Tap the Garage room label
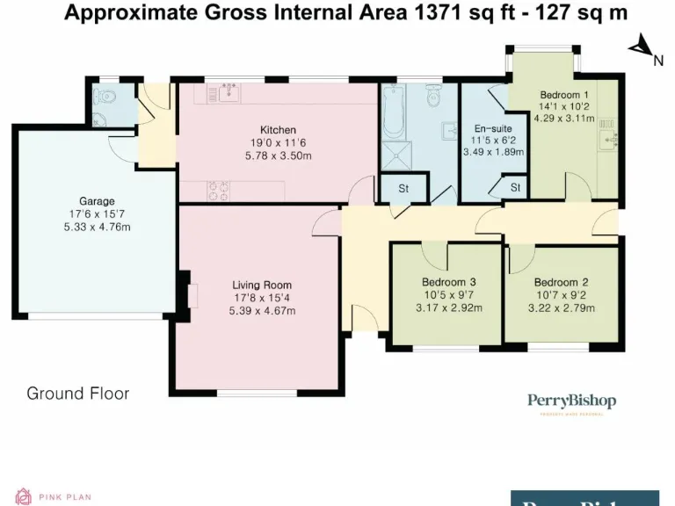click(97, 201)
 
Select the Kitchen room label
click(278, 130)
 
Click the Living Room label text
click(262, 285)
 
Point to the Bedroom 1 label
click(562, 95)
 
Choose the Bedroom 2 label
click(562, 283)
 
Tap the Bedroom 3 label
click(448, 283)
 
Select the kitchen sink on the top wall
click(231, 91)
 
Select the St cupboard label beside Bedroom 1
click(515, 187)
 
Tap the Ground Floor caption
click(77, 393)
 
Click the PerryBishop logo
click(571, 402)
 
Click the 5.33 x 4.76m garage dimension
click(97, 227)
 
